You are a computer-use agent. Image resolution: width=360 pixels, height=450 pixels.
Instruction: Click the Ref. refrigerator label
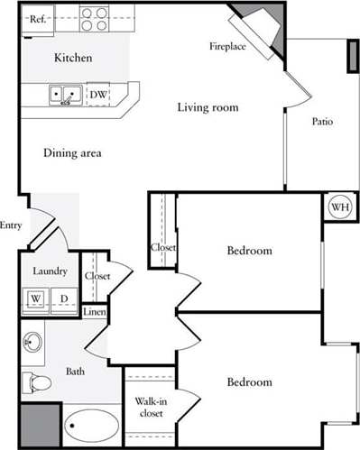(38, 19)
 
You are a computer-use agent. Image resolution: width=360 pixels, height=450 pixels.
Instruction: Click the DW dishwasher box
(98, 93)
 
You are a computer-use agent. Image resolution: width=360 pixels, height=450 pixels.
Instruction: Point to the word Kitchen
(72, 59)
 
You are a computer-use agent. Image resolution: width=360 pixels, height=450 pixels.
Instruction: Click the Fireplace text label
(228, 45)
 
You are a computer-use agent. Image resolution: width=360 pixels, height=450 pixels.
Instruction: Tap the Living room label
(208, 108)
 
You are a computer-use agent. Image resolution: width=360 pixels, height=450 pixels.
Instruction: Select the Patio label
(324, 121)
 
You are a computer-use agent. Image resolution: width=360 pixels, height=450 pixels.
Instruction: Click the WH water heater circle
(341, 206)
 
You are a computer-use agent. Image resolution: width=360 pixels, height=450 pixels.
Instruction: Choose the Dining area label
(72, 153)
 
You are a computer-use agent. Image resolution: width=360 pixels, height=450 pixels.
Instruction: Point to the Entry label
(11, 225)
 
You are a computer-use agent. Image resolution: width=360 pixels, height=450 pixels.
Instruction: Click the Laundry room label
(50, 271)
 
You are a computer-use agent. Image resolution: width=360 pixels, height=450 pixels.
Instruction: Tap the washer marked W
(36, 298)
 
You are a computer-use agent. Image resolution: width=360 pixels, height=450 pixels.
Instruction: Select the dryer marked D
(64, 298)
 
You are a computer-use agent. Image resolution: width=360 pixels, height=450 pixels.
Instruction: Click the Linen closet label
(94, 313)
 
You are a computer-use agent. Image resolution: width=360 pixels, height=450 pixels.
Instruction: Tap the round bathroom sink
(32, 343)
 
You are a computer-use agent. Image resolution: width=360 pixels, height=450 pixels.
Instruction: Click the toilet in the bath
(37, 382)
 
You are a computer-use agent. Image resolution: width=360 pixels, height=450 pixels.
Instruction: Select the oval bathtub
(91, 427)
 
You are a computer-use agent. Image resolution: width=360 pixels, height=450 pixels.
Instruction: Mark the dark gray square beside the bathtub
(38, 424)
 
